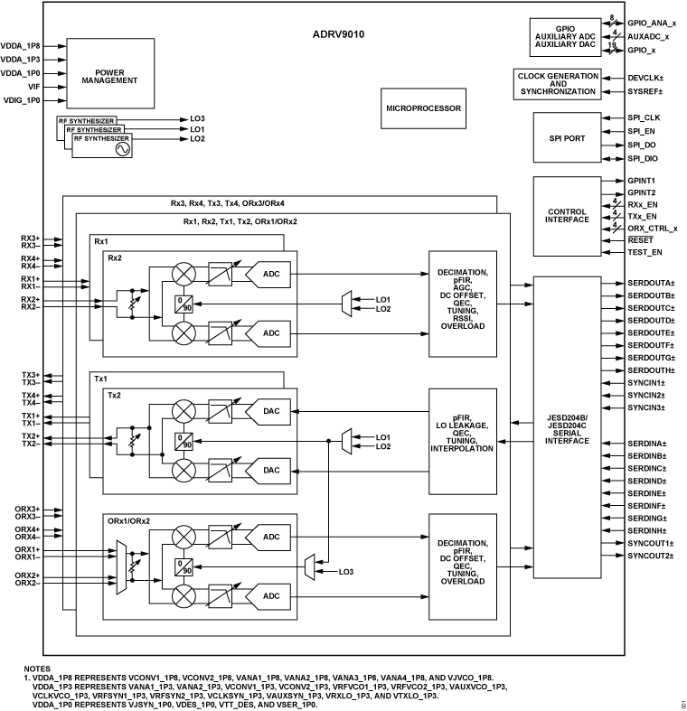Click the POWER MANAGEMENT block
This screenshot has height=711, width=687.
(x=109, y=75)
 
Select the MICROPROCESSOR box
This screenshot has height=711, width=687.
(x=424, y=108)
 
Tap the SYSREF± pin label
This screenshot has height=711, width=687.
(x=645, y=91)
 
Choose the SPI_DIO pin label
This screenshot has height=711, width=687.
(x=643, y=158)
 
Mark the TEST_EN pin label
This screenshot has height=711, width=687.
(x=644, y=251)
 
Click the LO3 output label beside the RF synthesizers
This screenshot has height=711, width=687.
(x=197, y=118)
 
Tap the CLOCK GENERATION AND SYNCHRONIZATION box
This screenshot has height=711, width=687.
(x=558, y=84)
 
